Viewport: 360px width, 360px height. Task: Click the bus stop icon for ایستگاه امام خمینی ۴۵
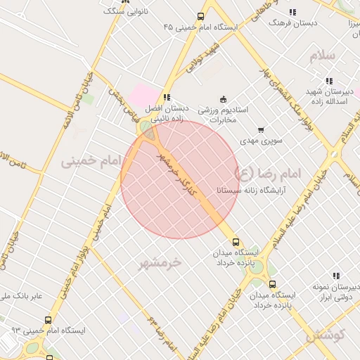point(201,17)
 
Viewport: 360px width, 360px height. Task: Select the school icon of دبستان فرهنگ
point(292,12)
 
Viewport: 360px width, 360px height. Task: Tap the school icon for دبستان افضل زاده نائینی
point(167,98)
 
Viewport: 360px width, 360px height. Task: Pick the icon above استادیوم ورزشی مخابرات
point(224,98)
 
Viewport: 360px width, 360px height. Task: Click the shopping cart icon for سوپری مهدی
point(262,130)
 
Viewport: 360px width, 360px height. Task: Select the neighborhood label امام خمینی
point(90,160)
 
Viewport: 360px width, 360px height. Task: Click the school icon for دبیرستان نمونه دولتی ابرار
point(336,276)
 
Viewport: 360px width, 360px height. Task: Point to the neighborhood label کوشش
point(326,335)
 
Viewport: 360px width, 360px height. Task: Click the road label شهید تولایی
point(202,59)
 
